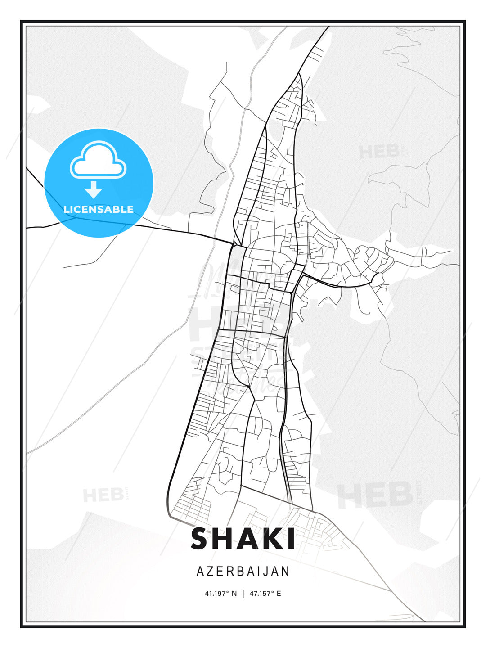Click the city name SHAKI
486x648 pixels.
243,539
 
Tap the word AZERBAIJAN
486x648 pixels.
243,571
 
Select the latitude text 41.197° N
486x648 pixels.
220,594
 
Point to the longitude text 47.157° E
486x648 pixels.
265,594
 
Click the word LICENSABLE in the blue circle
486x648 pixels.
99,210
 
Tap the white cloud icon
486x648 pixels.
98,160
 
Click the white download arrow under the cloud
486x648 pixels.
94,190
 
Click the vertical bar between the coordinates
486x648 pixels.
243,594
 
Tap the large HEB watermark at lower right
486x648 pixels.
376,495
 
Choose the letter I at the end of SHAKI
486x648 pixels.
291,539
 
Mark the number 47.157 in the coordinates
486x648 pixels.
261,594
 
